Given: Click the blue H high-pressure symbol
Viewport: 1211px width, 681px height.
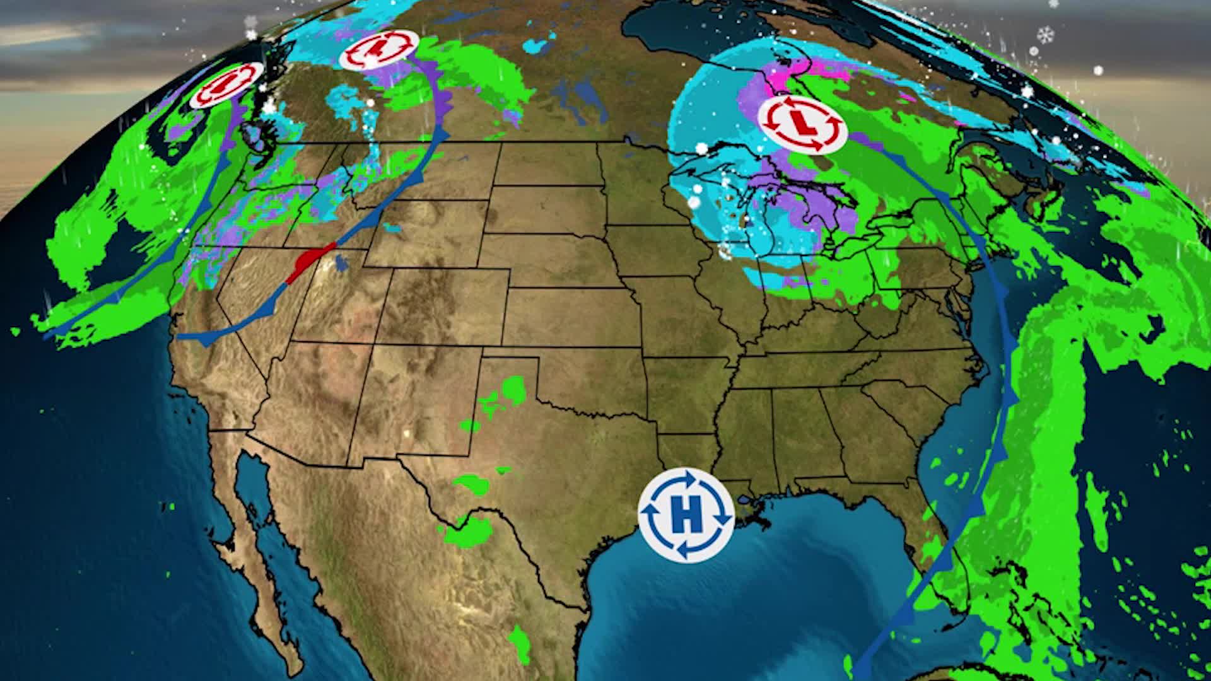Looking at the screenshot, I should point(686,514).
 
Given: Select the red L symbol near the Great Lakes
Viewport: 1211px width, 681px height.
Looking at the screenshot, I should point(802,124).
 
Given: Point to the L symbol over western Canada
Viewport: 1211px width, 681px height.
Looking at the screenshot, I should point(379,49).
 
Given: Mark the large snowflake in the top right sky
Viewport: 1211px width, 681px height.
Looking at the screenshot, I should point(1046,34).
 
